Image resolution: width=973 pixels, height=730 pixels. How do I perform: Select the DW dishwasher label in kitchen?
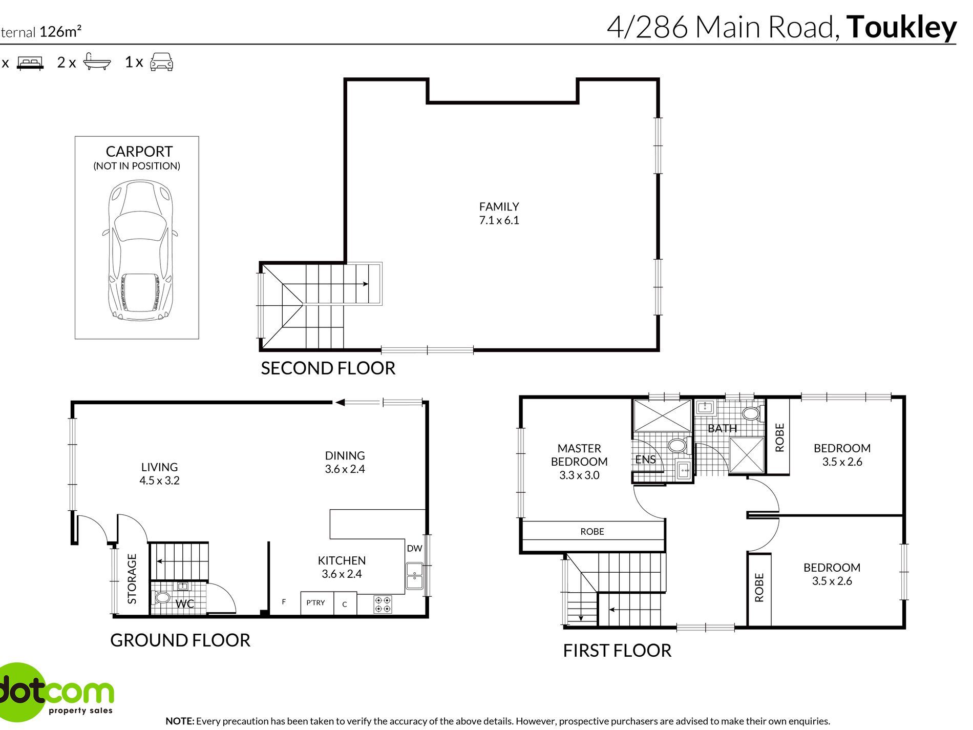[x=414, y=549]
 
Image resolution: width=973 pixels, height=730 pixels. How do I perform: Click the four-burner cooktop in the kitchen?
[x=383, y=604]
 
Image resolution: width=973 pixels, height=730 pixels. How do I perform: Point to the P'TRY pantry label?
[x=315, y=603]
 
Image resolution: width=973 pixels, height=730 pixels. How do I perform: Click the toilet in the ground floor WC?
[x=162, y=597]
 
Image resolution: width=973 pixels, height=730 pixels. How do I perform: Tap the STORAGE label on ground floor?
[x=132, y=578]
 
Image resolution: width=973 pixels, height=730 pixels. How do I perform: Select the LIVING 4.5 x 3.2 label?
[x=159, y=474]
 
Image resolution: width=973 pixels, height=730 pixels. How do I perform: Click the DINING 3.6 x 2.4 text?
[x=345, y=462]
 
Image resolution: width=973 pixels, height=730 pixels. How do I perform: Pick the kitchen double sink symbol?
[x=414, y=576]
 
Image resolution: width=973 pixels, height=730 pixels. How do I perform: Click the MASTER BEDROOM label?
[x=579, y=455]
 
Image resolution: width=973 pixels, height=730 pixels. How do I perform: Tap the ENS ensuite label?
[x=645, y=460]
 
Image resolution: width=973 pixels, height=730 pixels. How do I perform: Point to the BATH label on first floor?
[x=722, y=429]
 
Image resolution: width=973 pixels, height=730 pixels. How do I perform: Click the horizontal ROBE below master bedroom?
[x=592, y=532]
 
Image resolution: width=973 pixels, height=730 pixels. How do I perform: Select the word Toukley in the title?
[x=901, y=28]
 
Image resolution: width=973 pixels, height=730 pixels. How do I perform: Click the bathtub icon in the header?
[x=97, y=62]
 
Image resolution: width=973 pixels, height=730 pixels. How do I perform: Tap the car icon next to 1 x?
[x=161, y=62]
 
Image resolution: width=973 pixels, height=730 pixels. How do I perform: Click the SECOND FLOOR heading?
[x=328, y=368]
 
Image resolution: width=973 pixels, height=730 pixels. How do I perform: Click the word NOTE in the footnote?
[x=179, y=721]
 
